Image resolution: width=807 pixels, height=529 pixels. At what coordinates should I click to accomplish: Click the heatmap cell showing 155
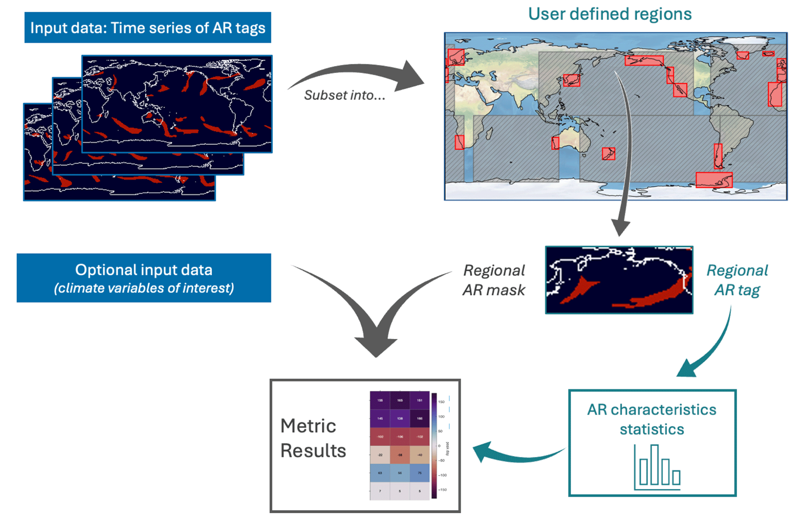380,400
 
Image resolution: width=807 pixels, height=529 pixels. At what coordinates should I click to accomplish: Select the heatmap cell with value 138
400,418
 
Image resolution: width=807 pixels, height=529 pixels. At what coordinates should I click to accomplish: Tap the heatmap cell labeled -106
400,436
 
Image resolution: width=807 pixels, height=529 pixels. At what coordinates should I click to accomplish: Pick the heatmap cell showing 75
420,473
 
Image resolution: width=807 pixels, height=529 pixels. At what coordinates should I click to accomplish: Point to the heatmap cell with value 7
380,491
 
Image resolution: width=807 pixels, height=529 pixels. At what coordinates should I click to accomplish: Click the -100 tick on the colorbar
442,475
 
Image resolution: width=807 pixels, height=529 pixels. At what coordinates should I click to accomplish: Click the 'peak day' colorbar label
448,449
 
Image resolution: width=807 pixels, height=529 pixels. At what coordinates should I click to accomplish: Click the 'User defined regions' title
609,14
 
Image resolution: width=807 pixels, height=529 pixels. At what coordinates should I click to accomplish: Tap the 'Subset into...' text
344,95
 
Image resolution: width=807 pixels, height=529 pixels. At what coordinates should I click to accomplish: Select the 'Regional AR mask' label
493,280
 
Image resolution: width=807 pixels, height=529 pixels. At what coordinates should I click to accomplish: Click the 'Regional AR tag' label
737,280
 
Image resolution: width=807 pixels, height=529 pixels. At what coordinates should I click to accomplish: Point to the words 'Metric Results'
313,438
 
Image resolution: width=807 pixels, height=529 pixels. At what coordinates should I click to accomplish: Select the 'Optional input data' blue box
144,278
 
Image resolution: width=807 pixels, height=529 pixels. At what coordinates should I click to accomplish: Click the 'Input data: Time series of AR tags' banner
148,28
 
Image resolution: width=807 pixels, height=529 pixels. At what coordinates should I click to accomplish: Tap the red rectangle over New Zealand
608,153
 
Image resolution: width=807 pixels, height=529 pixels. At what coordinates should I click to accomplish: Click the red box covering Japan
572,80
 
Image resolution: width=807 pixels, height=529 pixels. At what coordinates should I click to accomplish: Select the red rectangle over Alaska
644,61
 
